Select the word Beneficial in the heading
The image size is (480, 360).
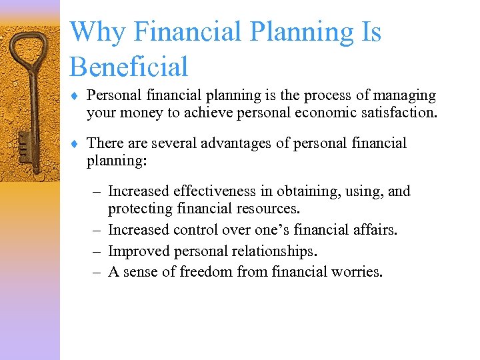[129, 67]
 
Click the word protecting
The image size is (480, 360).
[140, 209]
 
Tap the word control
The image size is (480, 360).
[194, 230]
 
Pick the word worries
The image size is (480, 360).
[358, 271]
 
